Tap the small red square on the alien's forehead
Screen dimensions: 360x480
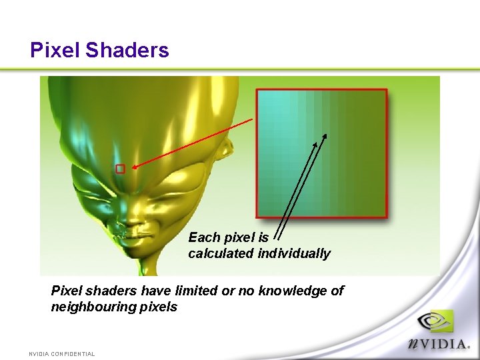click(120, 169)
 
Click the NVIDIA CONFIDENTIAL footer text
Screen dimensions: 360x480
click(62, 354)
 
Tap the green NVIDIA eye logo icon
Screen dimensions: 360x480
click(435, 322)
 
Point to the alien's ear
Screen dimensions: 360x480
click(227, 150)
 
